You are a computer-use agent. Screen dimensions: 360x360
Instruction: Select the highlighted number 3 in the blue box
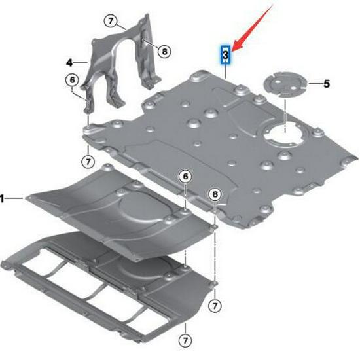(225, 56)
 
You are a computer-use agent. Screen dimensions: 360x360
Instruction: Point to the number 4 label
(69, 62)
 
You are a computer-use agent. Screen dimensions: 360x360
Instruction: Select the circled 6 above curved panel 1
(185, 177)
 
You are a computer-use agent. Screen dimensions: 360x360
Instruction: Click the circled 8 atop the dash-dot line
(215, 194)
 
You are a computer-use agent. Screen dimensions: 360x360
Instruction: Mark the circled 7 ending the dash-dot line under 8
(215, 305)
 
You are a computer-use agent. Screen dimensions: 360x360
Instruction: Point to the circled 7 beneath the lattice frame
(185, 341)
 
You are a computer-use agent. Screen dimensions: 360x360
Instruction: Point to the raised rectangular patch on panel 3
(245, 115)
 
